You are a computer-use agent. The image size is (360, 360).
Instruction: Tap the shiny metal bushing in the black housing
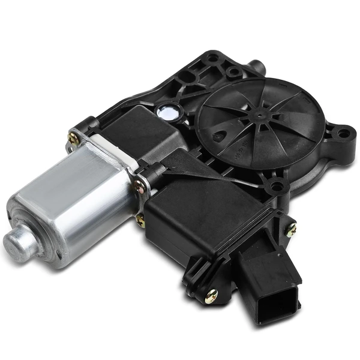(x=166, y=112)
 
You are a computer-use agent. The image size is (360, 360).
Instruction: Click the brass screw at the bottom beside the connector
(x=211, y=295)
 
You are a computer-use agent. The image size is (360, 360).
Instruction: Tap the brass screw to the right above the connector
(x=291, y=229)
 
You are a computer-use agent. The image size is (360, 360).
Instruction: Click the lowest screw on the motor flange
(x=140, y=220)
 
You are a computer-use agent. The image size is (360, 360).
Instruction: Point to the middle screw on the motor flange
(x=140, y=184)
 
